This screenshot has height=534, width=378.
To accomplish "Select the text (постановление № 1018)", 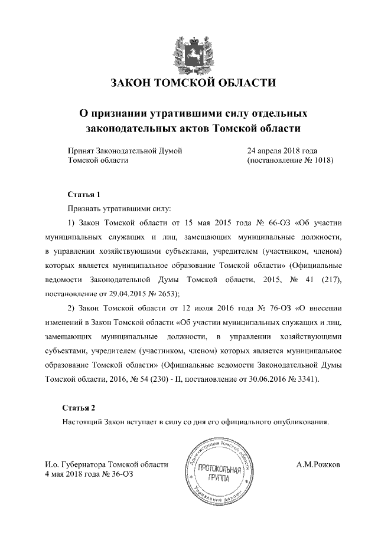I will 290,160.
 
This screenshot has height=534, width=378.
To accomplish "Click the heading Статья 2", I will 79,407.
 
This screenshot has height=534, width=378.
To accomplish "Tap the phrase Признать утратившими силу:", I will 119,208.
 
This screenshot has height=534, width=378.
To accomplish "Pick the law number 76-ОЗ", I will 276,308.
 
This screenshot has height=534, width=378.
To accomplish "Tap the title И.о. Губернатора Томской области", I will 107,464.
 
